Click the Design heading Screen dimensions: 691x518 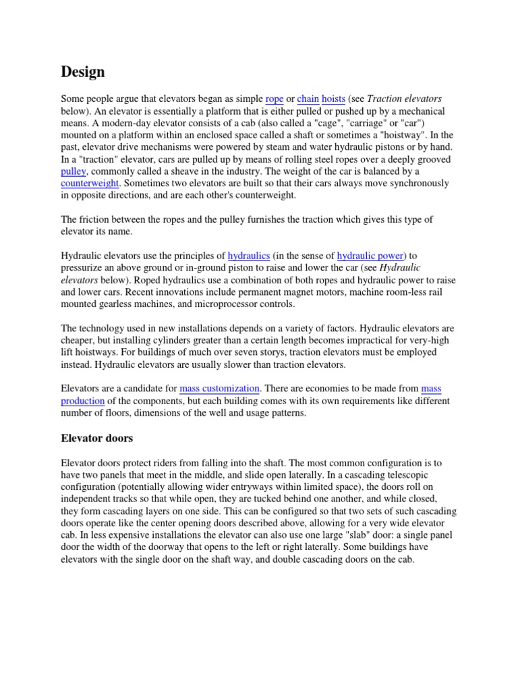83,71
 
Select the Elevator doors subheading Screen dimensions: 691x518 96,438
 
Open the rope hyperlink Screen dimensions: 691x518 275,99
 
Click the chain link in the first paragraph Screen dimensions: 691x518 308,99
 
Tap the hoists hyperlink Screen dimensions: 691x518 333,99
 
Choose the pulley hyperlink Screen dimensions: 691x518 73,171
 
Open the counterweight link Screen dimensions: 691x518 90,183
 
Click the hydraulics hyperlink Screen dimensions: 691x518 249,256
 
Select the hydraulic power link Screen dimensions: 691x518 370,256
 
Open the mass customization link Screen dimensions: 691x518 219,389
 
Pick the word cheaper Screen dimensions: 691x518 78,340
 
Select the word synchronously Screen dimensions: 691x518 401,183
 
